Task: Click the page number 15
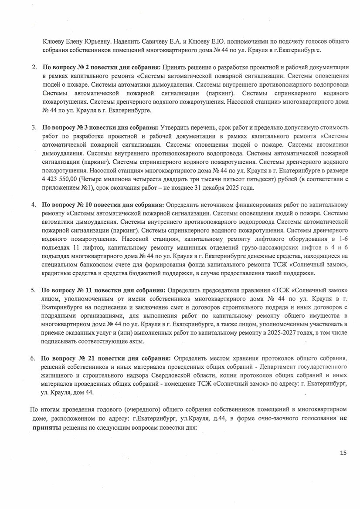click(343, 453)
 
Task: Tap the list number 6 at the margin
click(33, 358)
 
